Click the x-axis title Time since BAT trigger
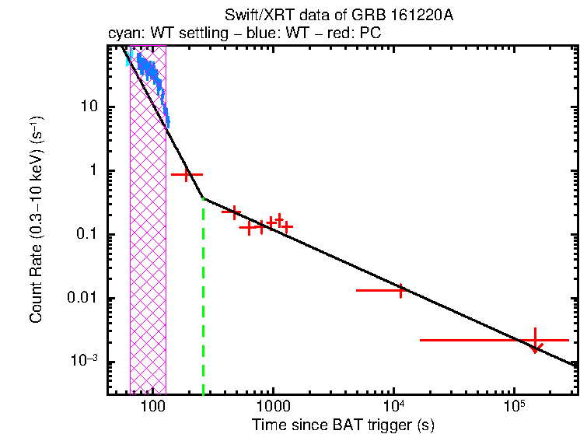pos(342,425)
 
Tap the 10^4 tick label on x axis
pos(393,406)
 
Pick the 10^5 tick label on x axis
pos(514,406)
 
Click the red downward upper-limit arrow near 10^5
pos(535,348)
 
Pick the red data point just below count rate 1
pos(187,175)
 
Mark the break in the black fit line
pos(203,198)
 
